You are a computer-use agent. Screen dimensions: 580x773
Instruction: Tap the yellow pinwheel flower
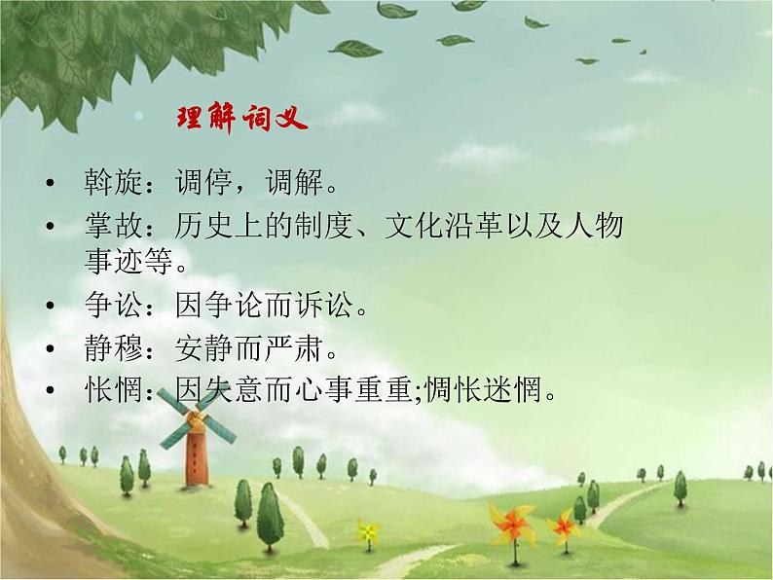click(x=367, y=531)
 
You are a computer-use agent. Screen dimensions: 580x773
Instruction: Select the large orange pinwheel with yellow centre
click(x=513, y=525)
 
